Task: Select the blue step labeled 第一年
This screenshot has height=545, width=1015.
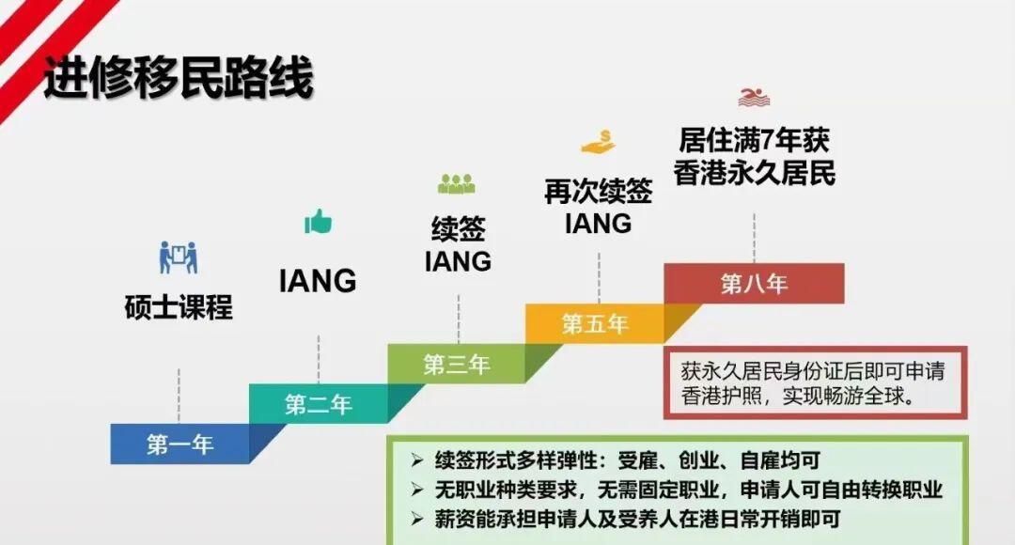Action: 180,444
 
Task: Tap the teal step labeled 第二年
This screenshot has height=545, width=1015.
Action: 319,405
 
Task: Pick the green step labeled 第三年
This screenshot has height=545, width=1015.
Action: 457,365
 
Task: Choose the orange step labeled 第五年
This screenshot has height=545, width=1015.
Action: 595,324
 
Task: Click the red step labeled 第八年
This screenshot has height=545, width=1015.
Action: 754,284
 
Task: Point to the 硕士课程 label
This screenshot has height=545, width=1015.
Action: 179,307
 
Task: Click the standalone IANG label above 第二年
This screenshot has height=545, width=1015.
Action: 318,280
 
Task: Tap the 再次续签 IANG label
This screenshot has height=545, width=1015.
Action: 598,208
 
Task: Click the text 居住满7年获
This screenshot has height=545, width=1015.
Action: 754,141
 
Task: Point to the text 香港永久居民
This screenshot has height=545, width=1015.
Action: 754,174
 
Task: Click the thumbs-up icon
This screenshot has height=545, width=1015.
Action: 319,223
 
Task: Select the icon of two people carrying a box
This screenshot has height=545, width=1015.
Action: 179,257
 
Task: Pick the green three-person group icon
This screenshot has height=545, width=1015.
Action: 457,184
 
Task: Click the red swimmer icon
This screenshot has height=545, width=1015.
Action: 754,97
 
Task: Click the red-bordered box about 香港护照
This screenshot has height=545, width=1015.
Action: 815,381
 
